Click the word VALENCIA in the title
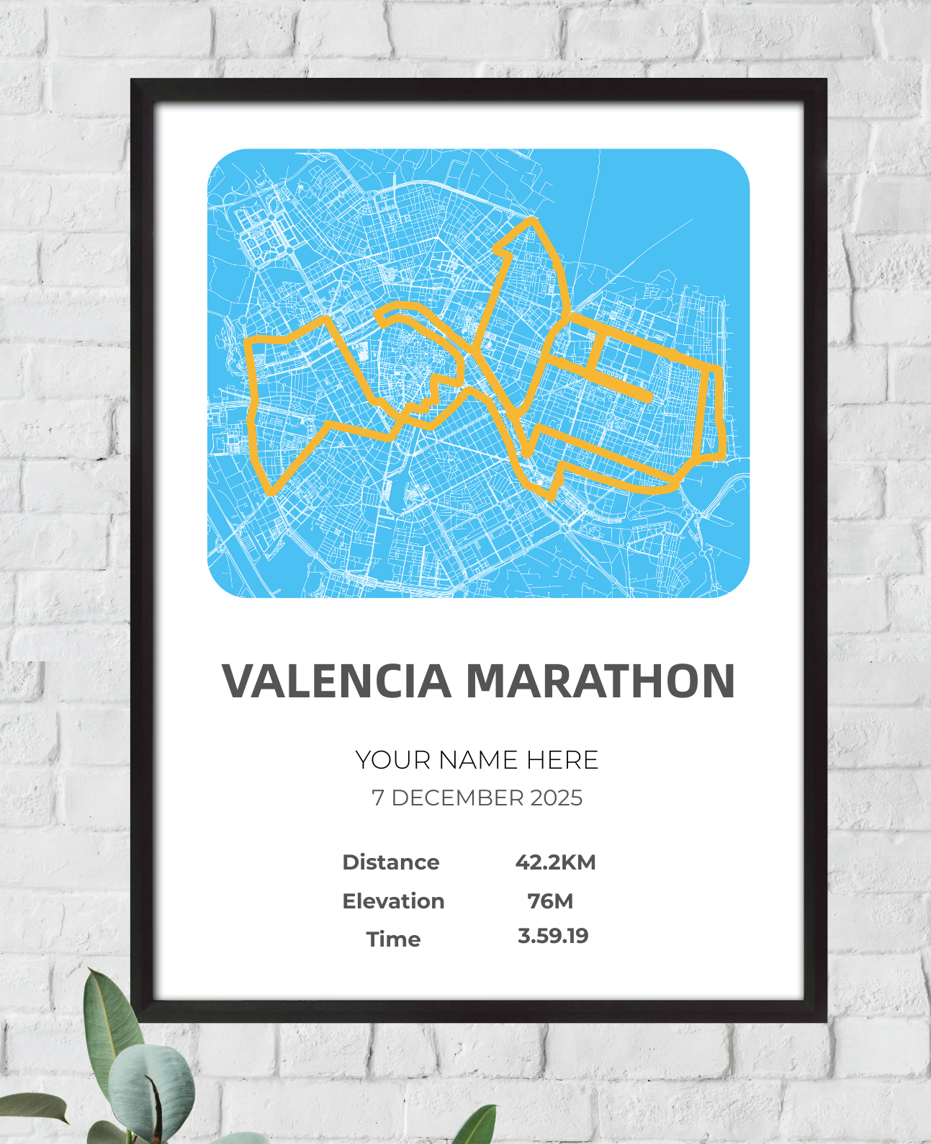(x=336, y=681)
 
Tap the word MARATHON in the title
(x=601, y=681)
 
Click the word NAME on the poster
(x=478, y=760)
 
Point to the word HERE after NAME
(x=562, y=760)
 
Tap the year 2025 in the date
(x=557, y=798)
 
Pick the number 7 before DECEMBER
(x=377, y=798)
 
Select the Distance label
(x=391, y=862)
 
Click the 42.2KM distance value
(x=555, y=862)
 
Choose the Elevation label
(x=393, y=901)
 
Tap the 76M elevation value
(x=550, y=901)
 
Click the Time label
(x=393, y=939)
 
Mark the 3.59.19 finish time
(x=553, y=937)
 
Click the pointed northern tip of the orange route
(x=531, y=220)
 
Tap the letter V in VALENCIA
(x=238, y=681)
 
